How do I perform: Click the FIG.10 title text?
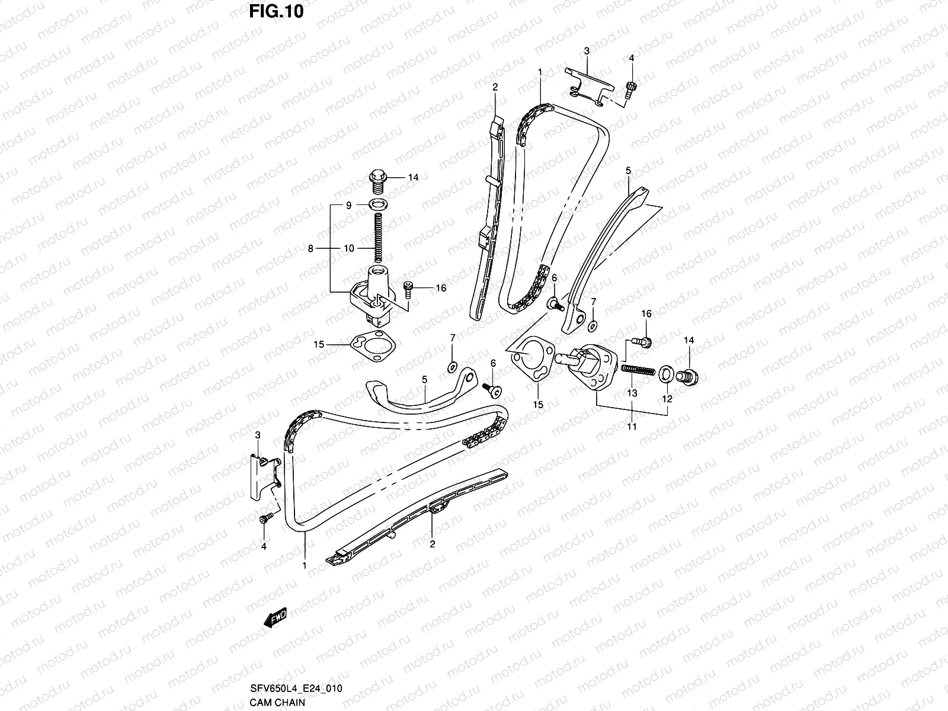tap(274, 11)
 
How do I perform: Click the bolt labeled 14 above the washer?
tap(377, 180)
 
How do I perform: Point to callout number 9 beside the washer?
tap(349, 205)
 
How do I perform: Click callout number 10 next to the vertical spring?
tap(349, 249)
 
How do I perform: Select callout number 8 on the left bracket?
tap(310, 249)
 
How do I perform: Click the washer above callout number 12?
tap(665, 373)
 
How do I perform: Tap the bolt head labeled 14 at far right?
tap(689, 374)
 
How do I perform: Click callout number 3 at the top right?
tap(587, 52)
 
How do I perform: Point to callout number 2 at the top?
tap(495, 87)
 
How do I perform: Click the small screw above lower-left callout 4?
tap(265, 518)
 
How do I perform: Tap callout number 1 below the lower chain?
tap(305, 566)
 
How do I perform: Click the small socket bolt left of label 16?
tap(408, 289)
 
